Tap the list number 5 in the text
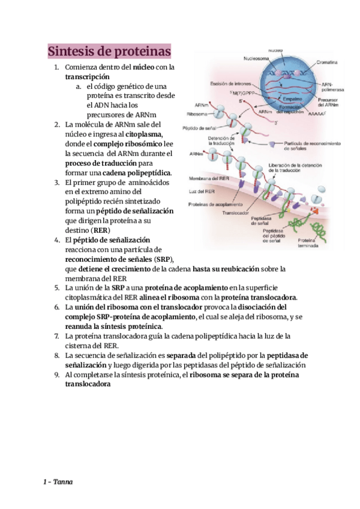[56, 288]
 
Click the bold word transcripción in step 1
[87, 77]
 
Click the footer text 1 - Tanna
[58, 482]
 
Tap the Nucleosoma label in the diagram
[241, 59]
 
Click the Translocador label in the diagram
[235, 212]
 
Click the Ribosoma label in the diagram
[198, 112]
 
